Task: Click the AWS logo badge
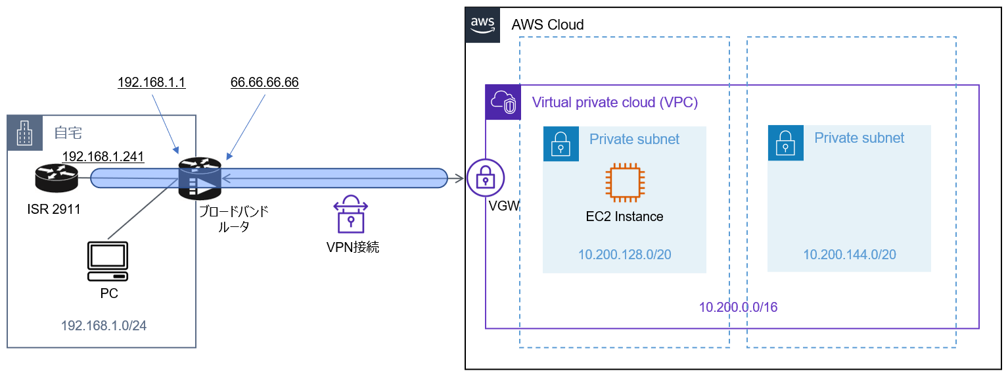(x=482, y=25)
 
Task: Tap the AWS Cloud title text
(x=547, y=25)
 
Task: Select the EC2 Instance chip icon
(x=625, y=182)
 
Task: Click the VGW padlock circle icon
(x=485, y=178)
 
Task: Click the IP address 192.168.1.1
(x=152, y=82)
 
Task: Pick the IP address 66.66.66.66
(x=265, y=82)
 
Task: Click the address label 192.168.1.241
(x=103, y=157)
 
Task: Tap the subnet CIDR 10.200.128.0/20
(x=624, y=255)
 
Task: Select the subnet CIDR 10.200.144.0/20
(x=849, y=255)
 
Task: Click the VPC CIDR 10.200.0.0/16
(x=738, y=307)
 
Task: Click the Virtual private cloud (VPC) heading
(x=614, y=103)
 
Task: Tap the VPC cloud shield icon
(x=502, y=103)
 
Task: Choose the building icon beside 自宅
(x=24, y=133)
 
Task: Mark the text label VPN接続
(x=353, y=247)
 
